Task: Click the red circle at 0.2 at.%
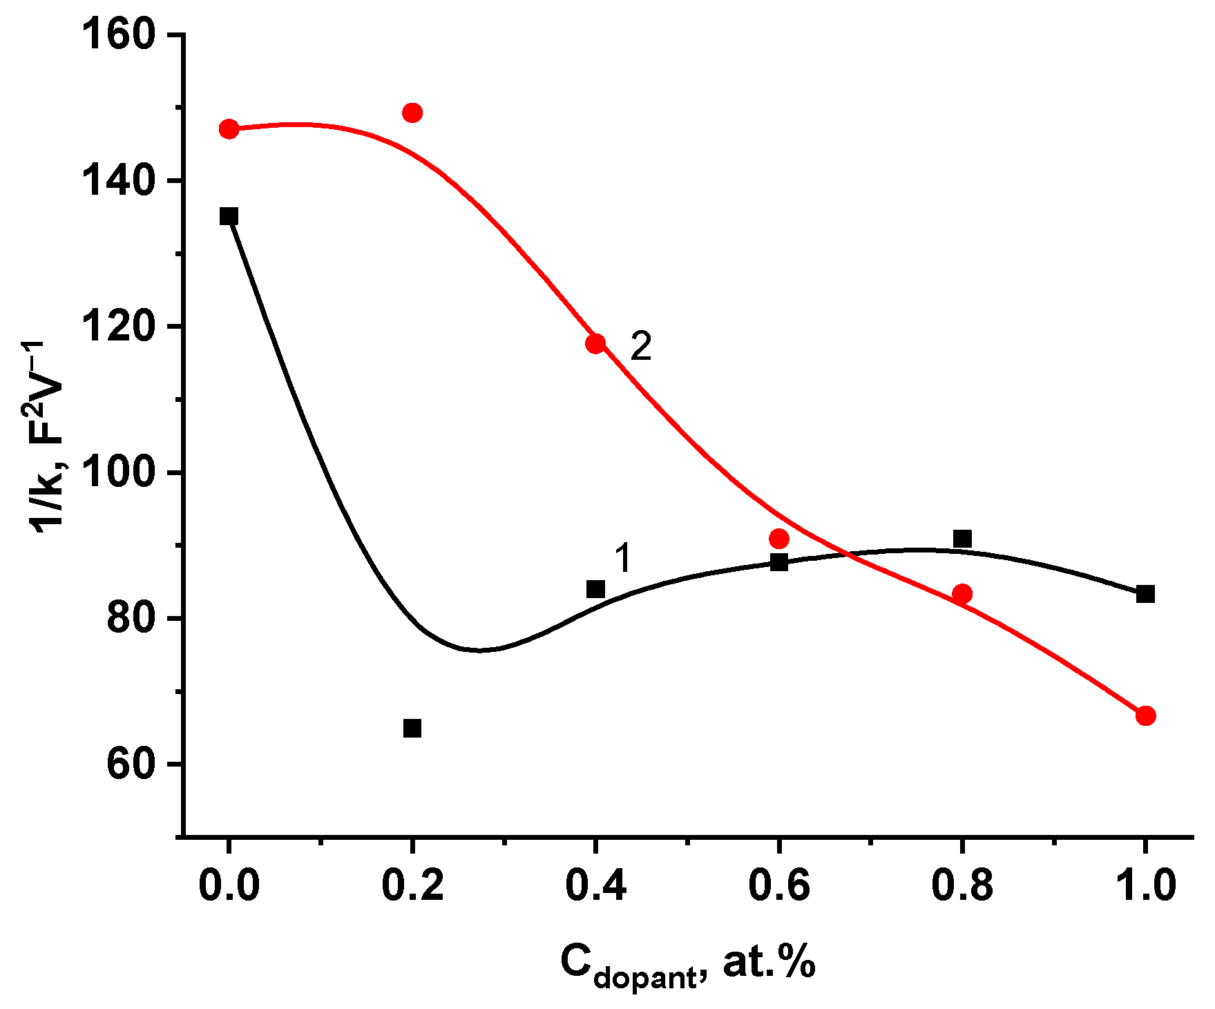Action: [412, 113]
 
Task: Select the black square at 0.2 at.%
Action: [412, 728]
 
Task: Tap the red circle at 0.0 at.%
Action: [229, 129]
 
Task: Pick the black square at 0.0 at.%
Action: [229, 216]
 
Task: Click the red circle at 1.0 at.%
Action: [1145, 715]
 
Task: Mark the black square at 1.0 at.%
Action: [1145, 594]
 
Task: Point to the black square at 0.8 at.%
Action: [962, 538]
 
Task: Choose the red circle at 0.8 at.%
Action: [962, 594]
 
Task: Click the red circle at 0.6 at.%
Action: [779, 539]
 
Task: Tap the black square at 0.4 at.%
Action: [595, 589]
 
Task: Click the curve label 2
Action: [641, 347]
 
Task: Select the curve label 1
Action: [622, 558]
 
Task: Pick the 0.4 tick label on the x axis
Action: [595, 885]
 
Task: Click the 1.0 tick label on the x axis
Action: [1145, 885]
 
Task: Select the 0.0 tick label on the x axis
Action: [229, 885]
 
